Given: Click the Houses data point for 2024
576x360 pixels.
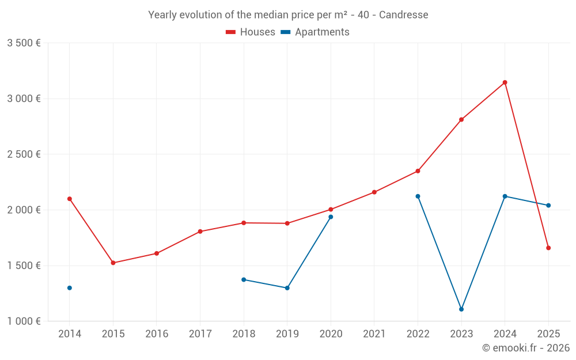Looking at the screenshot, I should click(505, 82).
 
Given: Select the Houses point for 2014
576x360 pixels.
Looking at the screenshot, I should click(70, 199).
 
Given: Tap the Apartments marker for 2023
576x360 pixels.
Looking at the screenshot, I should click(461, 309).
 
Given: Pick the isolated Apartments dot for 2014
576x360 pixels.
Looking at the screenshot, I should click(70, 288).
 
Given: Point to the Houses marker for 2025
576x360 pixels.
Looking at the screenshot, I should click(548, 248).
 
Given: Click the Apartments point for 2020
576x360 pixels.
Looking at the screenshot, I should click(331, 217).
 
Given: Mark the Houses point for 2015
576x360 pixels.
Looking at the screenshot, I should click(113, 263).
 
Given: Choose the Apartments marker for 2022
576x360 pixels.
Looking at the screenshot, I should click(418, 196).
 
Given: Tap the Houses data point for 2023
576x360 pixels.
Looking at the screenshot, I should click(461, 120).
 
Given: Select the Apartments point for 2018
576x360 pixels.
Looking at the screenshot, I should click(244, 279).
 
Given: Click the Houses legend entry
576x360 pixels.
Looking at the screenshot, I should click(251, 32).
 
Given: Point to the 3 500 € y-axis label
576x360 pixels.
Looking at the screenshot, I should click(24, 43).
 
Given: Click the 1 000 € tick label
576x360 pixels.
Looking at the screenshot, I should click(24, 321).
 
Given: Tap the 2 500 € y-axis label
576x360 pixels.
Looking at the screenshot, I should click(24, 154).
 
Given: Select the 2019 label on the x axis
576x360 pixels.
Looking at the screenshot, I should click(287, 334).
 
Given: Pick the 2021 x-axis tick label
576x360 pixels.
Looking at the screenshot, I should click(374, 334).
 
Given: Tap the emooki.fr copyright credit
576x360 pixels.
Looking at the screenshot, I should click(526, 348).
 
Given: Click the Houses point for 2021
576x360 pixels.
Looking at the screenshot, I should click(374, 192).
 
